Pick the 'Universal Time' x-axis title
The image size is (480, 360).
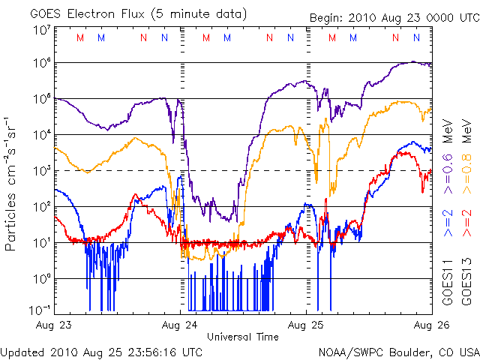click(x=243, y=337)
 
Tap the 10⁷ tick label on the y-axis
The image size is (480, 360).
click(x=41, y=30)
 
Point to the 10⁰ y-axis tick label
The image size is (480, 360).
click(x=41, y=278)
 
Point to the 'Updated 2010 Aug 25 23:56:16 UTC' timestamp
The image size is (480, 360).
click(x=101, y=352)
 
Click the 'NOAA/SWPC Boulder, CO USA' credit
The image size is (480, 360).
click(x=398, y=352)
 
